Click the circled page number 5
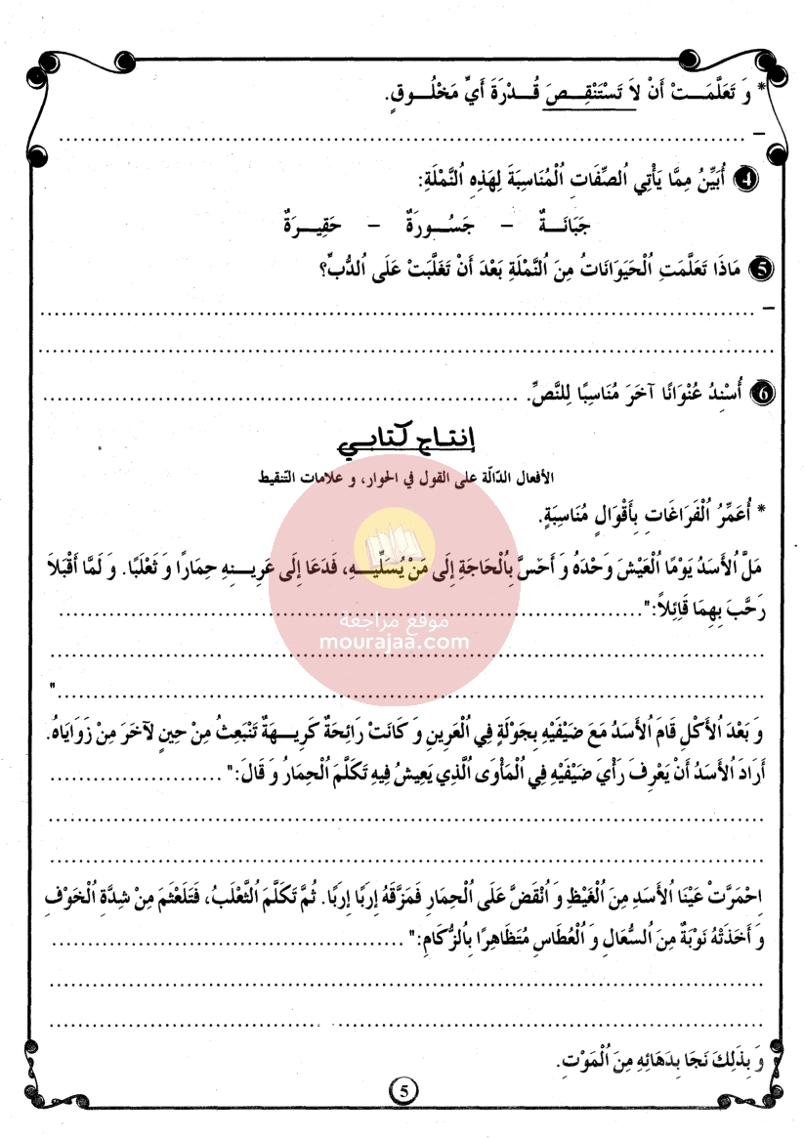pyautogui.click(x=402, y=1089)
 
